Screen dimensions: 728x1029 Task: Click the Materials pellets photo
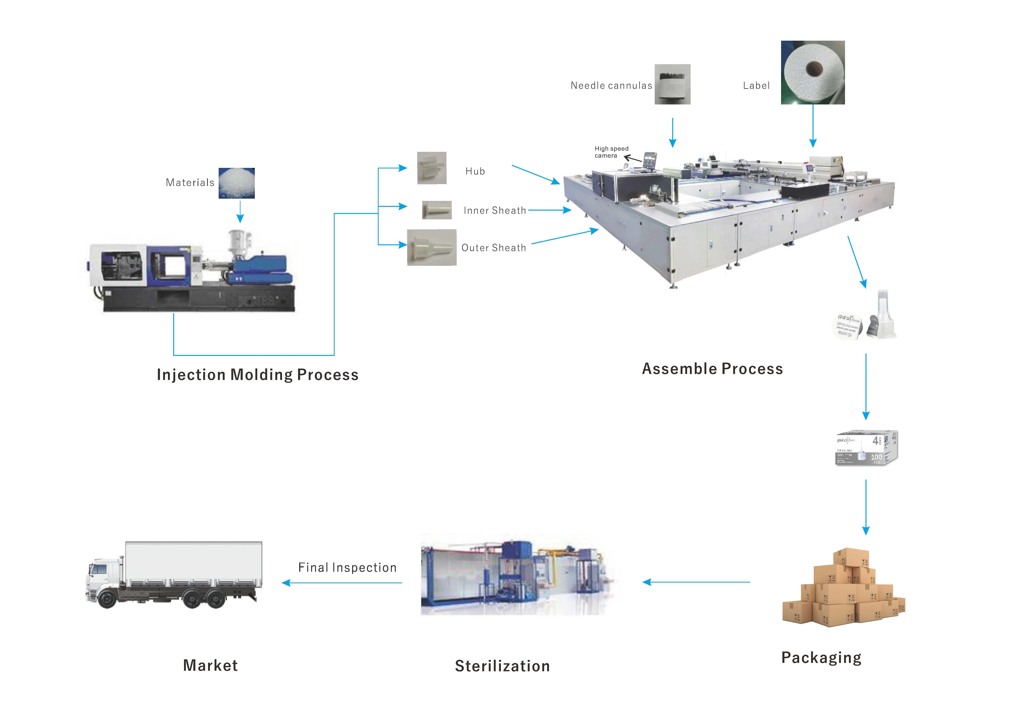click(x=237, y=183)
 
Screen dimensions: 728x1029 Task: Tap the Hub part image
click(x=432, y=168)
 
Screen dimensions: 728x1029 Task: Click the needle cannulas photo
click(x=672, y=84)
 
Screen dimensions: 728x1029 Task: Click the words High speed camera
click(x=611, y=152)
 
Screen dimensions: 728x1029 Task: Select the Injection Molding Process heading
click(x=258, y=375)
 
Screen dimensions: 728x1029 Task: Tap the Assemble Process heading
click(x=712, y=369)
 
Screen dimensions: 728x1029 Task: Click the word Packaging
click(x=821, y=657)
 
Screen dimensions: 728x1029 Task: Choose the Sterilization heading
click(x=502, y=666)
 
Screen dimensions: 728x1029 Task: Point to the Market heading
click(x=210, y=665)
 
